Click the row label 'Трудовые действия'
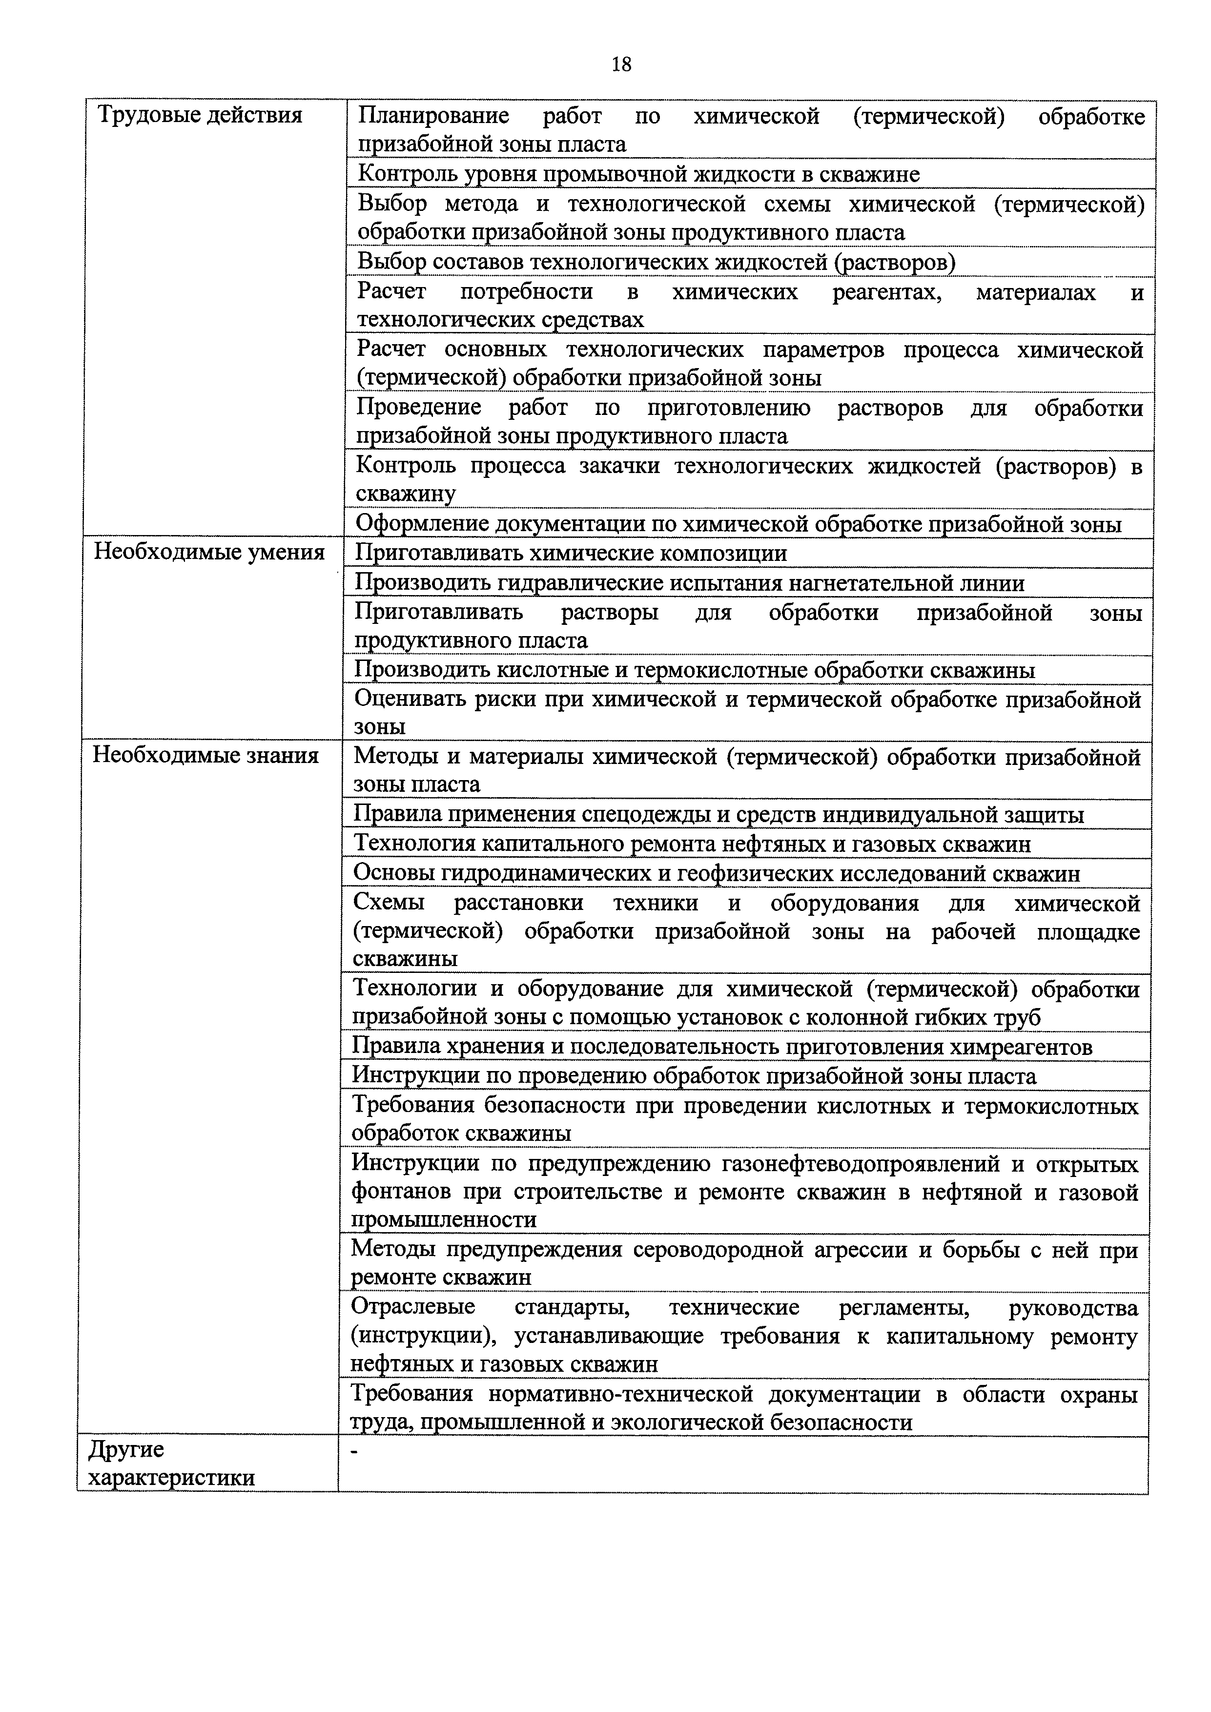point(201,116)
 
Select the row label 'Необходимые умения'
point(209,553)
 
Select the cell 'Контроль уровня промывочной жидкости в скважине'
point(639,174)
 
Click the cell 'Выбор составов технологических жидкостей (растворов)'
point(656,262)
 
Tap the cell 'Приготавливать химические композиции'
point(571,553)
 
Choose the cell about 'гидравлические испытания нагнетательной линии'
point(689,582)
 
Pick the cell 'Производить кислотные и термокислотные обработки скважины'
point(694,670)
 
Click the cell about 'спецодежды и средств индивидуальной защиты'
point(718,814)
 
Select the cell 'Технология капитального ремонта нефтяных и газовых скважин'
point(692,844)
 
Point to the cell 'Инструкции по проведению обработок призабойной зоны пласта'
point(694,1076)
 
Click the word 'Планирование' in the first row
point(433,116)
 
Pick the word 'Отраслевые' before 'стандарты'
point(413,1307)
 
